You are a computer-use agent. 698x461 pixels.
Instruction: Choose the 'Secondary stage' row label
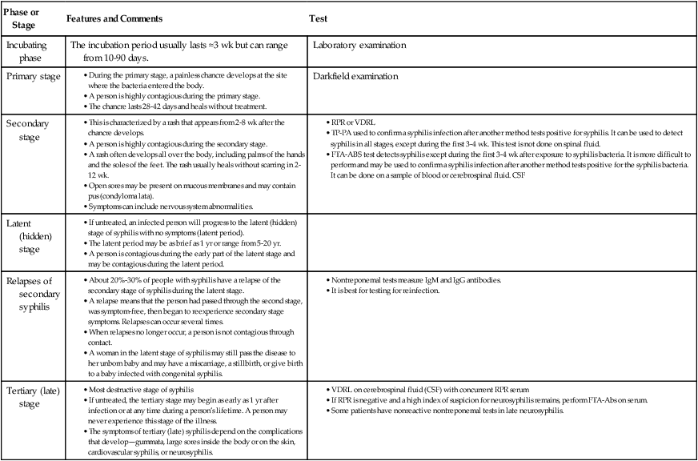pyautogui.click(x=28, y=131)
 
